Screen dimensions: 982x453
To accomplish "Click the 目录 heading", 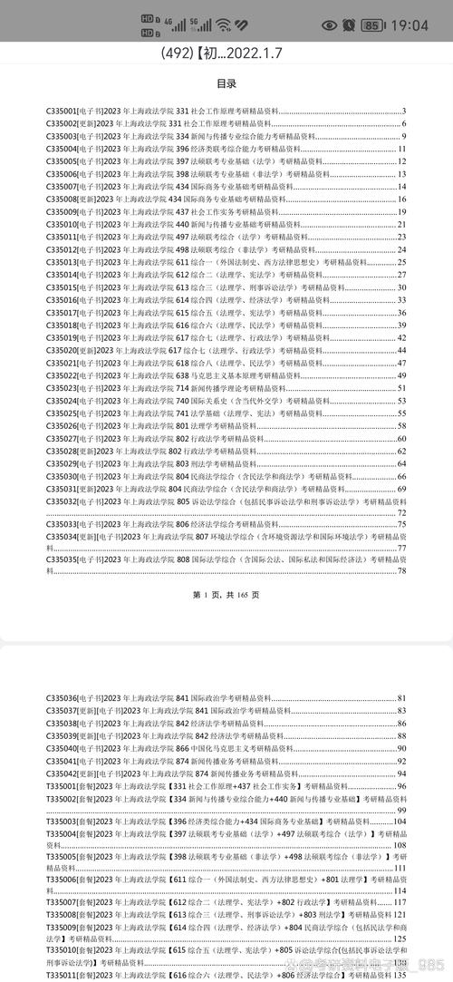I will click(x=226, y=84).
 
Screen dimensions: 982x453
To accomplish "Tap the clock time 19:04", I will click(x=409, y=24).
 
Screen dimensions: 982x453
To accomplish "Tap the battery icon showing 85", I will click(x=371, y=24).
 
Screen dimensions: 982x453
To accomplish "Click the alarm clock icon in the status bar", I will click(x=348, y=24).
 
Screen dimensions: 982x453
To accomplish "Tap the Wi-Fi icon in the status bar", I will click(x=222, y=24).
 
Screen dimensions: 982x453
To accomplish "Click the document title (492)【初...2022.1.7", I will click(x=226, y=53).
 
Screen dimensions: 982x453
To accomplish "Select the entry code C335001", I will click(x=62, y=111).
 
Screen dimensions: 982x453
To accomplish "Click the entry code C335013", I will click(x=62, y=262).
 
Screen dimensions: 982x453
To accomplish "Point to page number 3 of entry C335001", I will click(x=403, y=111).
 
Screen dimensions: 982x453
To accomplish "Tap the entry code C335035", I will click(x=62, y=559).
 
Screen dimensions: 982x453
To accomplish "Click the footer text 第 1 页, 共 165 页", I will click(x=226, y=595).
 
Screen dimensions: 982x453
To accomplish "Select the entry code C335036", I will click(x=62, y=698).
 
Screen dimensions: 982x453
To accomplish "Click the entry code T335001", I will click(x=62, y=786).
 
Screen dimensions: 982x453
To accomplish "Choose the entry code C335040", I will click(x=62, y=749).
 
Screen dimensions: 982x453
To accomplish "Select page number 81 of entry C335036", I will click(x=401, y=698).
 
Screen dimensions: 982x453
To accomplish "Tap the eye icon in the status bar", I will click(x=328, y=24).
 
